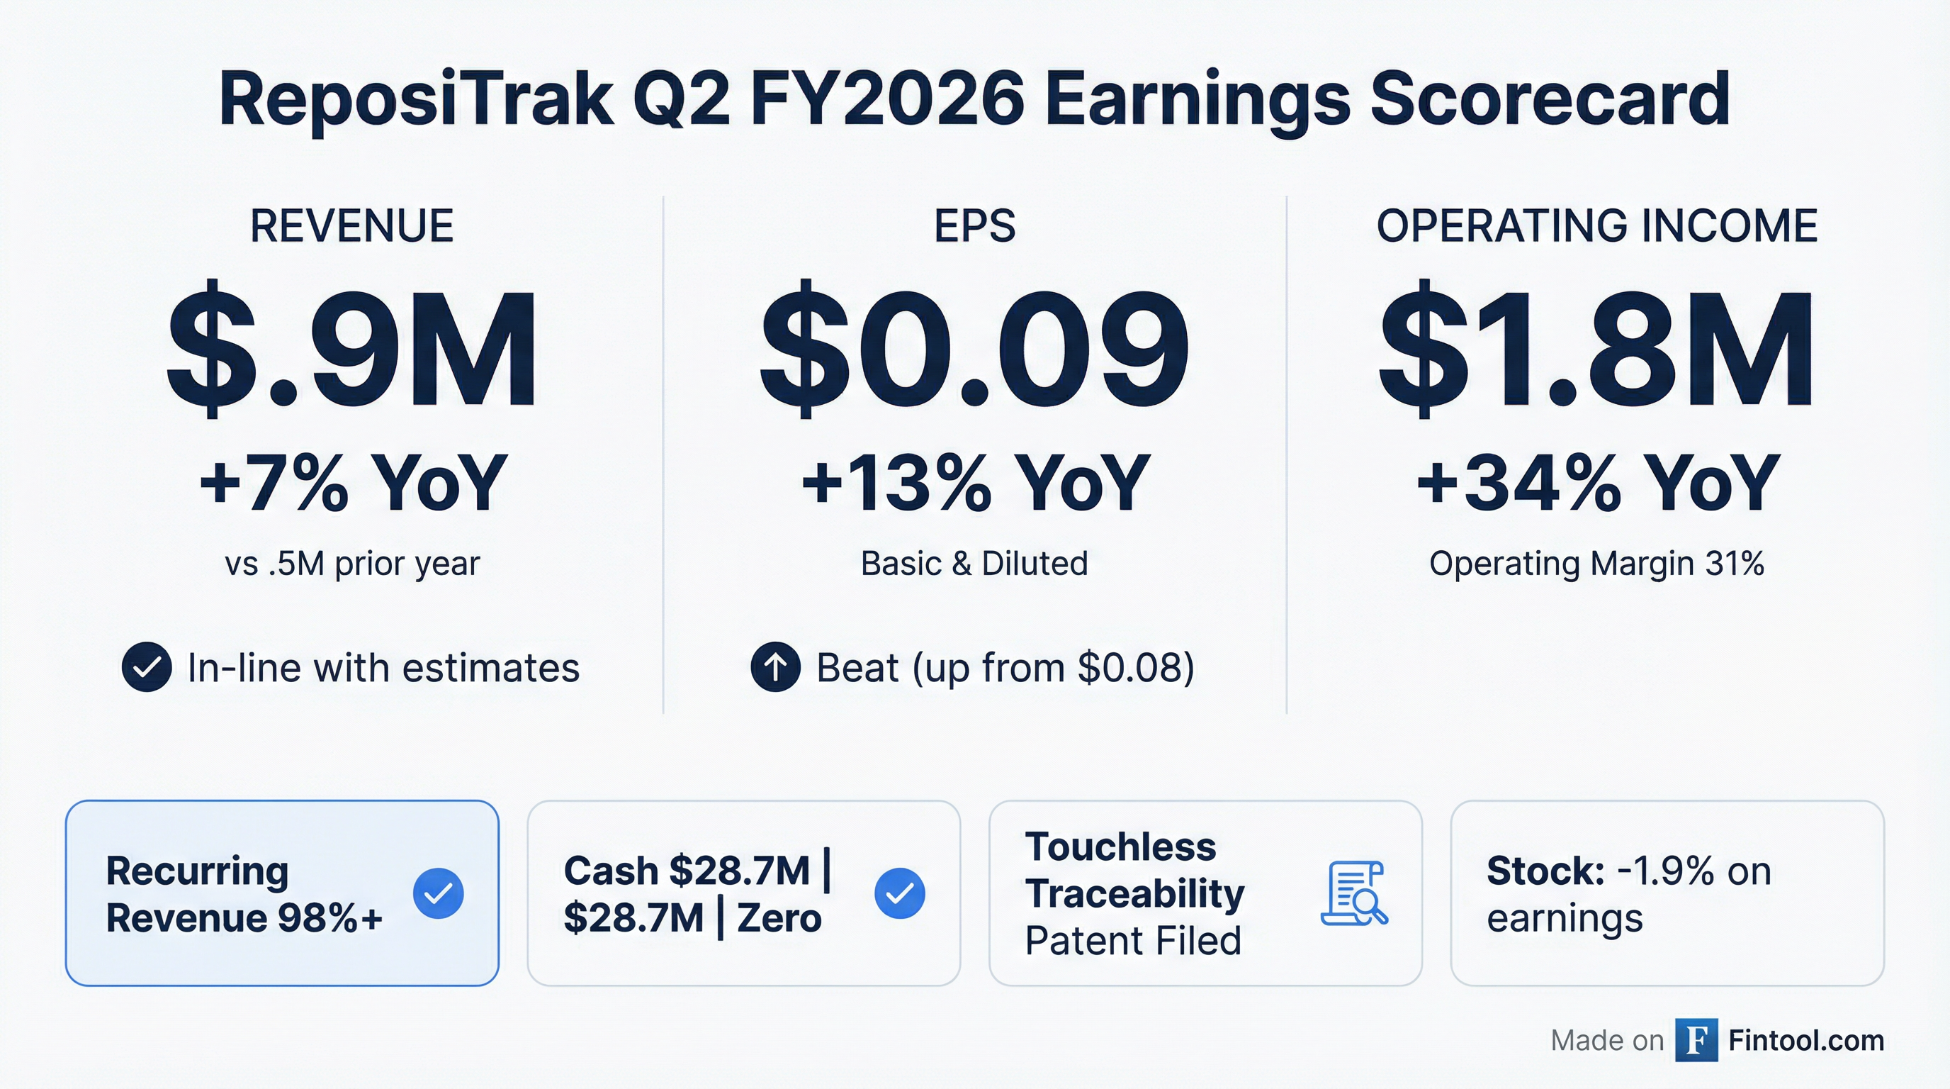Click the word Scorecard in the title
[x=1550, y=100]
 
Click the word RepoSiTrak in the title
[x=415, y=100]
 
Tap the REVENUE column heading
[x=352, y=225]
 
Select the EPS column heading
[x=974, y=225]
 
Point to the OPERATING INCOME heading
[x=1596, y=225]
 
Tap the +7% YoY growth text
[x=353, y=482]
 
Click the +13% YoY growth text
[x=975, y=482]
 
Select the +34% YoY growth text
[x=1597, y=482]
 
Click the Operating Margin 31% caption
[x=1596, y=564]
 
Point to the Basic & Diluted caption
[x=974, y=564]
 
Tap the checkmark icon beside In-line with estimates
[x=146, y=667]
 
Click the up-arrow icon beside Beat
[x=775, y=667]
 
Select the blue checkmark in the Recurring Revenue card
[x=439, y=893]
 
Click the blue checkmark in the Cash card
[x=899, y=893]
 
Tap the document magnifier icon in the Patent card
[x=1354, y=893]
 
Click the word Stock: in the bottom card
[x=1545, y=871]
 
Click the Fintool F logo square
[x=1696, y=1041]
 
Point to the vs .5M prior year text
[x=352, y=564]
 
